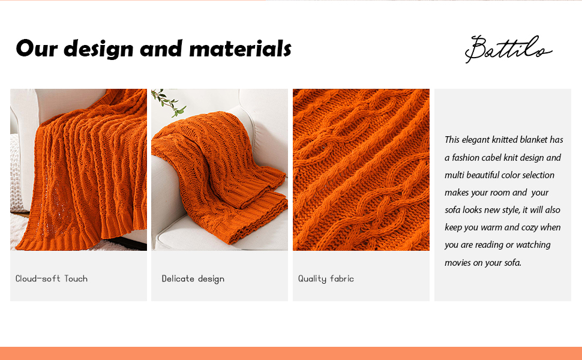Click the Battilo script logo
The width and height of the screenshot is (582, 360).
coord(507,49)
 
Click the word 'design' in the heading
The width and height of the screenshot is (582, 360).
coord(98,48)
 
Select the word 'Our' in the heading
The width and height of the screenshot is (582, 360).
coord(37,48)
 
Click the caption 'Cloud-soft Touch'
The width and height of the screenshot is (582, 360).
coord(52,278)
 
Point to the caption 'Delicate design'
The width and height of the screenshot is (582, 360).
coord(193,278)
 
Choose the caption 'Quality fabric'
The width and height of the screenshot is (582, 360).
coord(326,278)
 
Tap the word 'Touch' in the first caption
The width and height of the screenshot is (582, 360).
coord(76,278)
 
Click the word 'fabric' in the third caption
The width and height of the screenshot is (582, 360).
coord(341,278)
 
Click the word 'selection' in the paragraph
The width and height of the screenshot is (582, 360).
coord(537,175)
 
